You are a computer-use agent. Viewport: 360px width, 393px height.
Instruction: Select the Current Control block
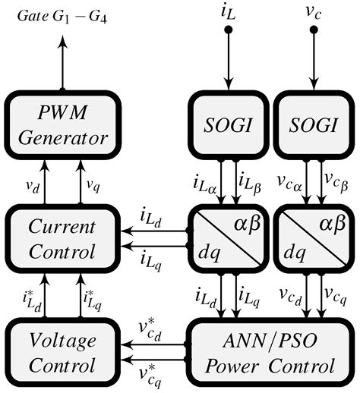(62, 238)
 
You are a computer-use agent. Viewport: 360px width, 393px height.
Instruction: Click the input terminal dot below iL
(228, 30)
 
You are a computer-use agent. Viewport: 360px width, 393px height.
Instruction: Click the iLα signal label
(205, 183)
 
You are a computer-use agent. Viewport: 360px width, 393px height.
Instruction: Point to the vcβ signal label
(336, 183)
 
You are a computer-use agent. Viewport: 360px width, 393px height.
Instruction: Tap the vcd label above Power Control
(288, 294)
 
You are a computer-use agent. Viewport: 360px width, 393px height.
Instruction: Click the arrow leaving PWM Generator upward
(62, 53)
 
